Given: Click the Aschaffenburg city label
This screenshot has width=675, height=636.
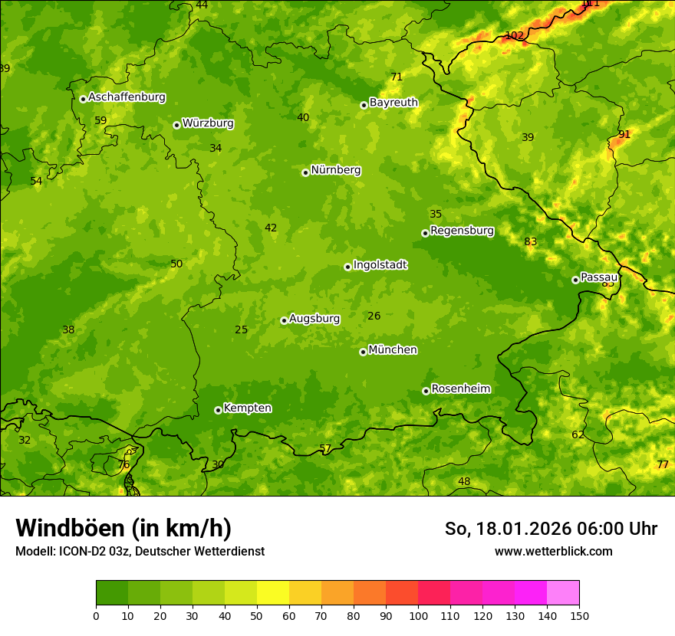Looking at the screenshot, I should click(x=127, y=97).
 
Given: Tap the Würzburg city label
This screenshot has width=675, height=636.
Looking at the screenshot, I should click(x=208, y=123).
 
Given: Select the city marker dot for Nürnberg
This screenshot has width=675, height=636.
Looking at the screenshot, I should click(x=305, y=172).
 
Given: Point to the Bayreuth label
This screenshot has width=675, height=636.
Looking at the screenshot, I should click(x=393, y=103).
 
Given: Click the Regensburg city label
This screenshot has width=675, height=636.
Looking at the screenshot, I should click(x=462, y=231).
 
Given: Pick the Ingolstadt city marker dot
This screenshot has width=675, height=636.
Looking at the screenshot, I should click(x=347, y=267).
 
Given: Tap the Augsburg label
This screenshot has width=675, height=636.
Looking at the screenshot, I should click(x=314, y=319).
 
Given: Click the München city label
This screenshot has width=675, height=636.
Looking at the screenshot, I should click(x=393, y=350).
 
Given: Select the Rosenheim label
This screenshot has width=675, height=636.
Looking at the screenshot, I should click(x=460, y=389).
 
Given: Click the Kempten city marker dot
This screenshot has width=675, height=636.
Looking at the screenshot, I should click(x=218, y=410).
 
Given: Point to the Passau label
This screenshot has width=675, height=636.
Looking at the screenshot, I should click(x=599, y=277).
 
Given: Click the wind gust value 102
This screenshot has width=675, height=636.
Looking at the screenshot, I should click(x=514, y=35).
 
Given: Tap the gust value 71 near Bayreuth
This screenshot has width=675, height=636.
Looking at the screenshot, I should click(x=397, y=77).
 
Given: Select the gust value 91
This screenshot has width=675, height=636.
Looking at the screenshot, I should click(x=624, y=134).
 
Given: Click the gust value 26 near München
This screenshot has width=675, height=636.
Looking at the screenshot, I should click(x=374, y=316).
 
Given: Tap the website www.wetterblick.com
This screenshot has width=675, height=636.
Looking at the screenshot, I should click(x=553, y=551).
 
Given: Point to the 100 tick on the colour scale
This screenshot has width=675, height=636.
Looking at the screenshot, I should click(x=418, y=615).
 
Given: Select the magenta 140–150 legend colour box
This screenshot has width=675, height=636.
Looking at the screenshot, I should click(x=563, y=593).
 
